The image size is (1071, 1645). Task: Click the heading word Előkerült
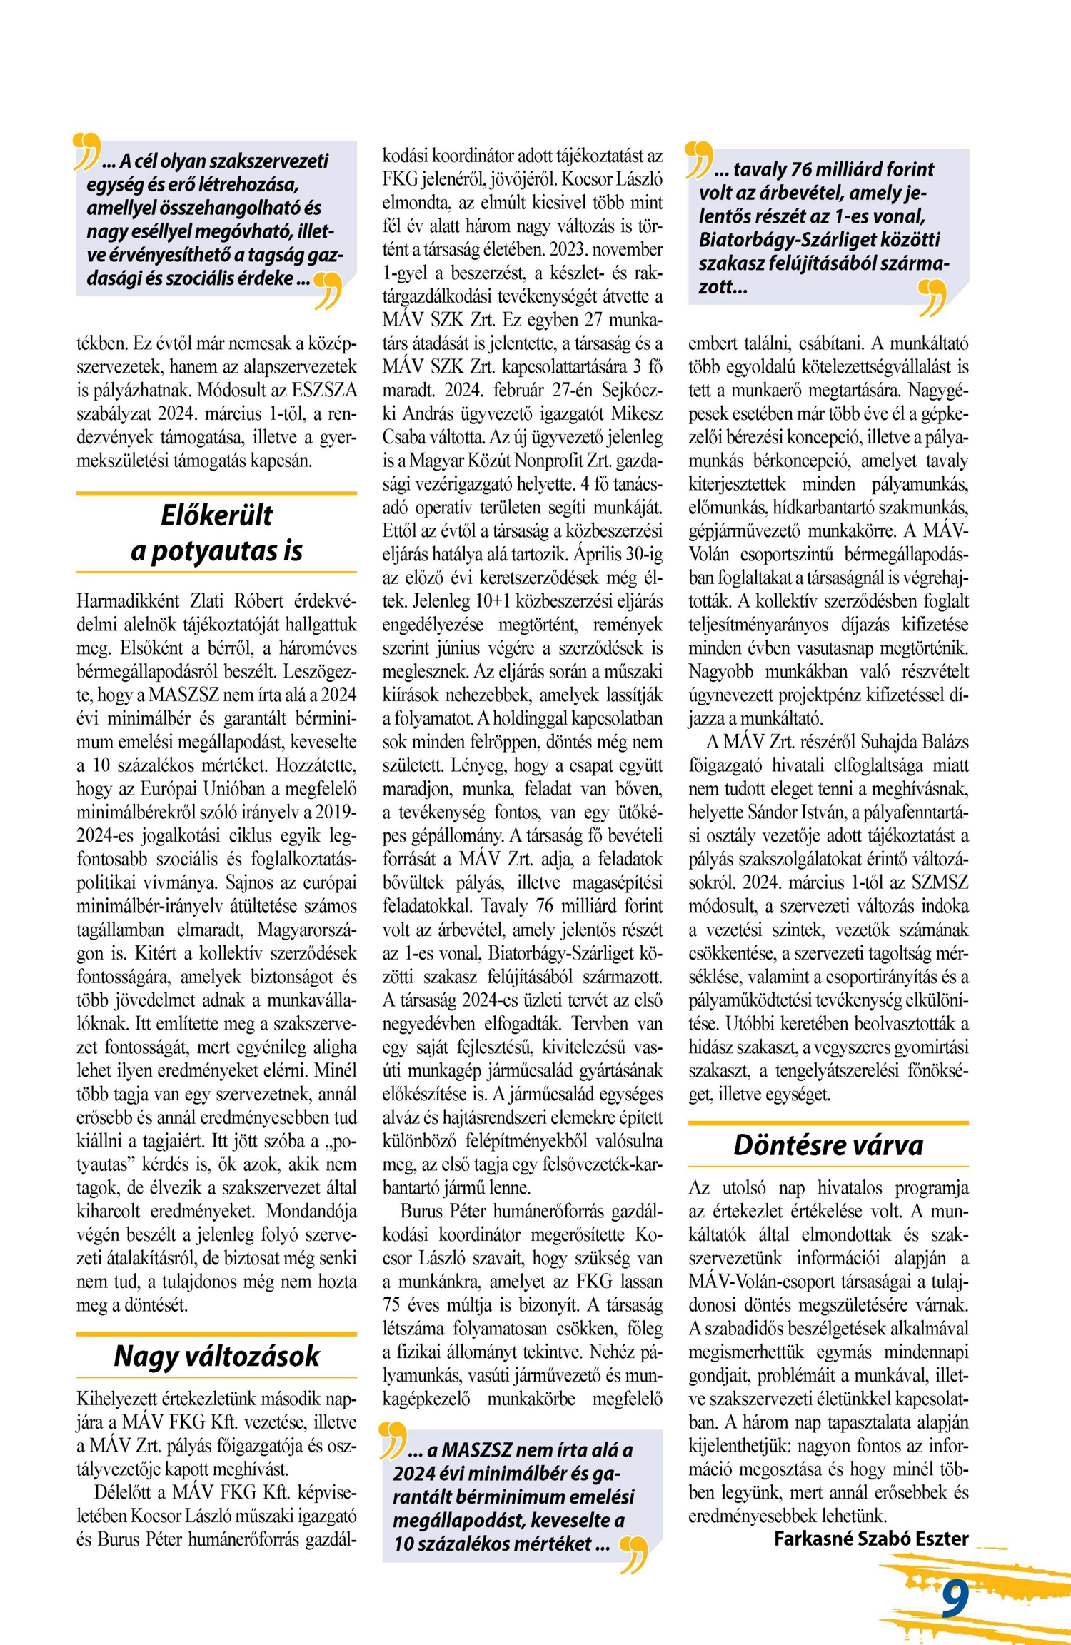point(216,515)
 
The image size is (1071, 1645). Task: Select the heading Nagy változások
point(216,1356)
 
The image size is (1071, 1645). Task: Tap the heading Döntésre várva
point(828,1145)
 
